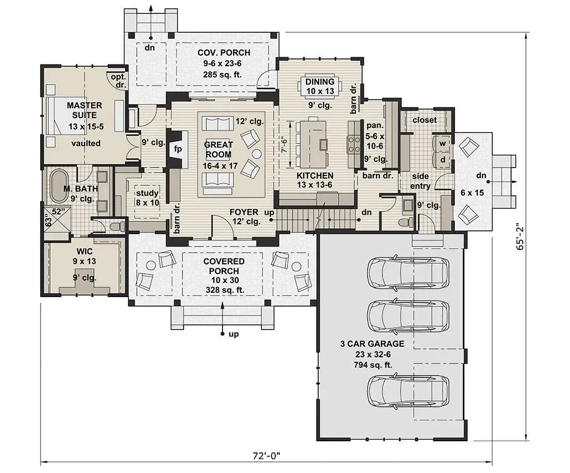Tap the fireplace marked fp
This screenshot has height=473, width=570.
click(178, 149)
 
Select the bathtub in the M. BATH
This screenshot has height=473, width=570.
click(58, 186)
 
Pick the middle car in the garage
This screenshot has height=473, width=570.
click(408, 316)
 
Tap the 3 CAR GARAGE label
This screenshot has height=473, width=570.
click(372, 344)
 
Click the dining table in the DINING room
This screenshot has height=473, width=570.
click(320, 87)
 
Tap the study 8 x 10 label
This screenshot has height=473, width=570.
click(147, 198)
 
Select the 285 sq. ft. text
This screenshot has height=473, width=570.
click(224, 73)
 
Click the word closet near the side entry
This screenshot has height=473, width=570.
click(424, 120)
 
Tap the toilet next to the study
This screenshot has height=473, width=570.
click(117, 226)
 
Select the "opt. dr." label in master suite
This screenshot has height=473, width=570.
click(118, 81)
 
